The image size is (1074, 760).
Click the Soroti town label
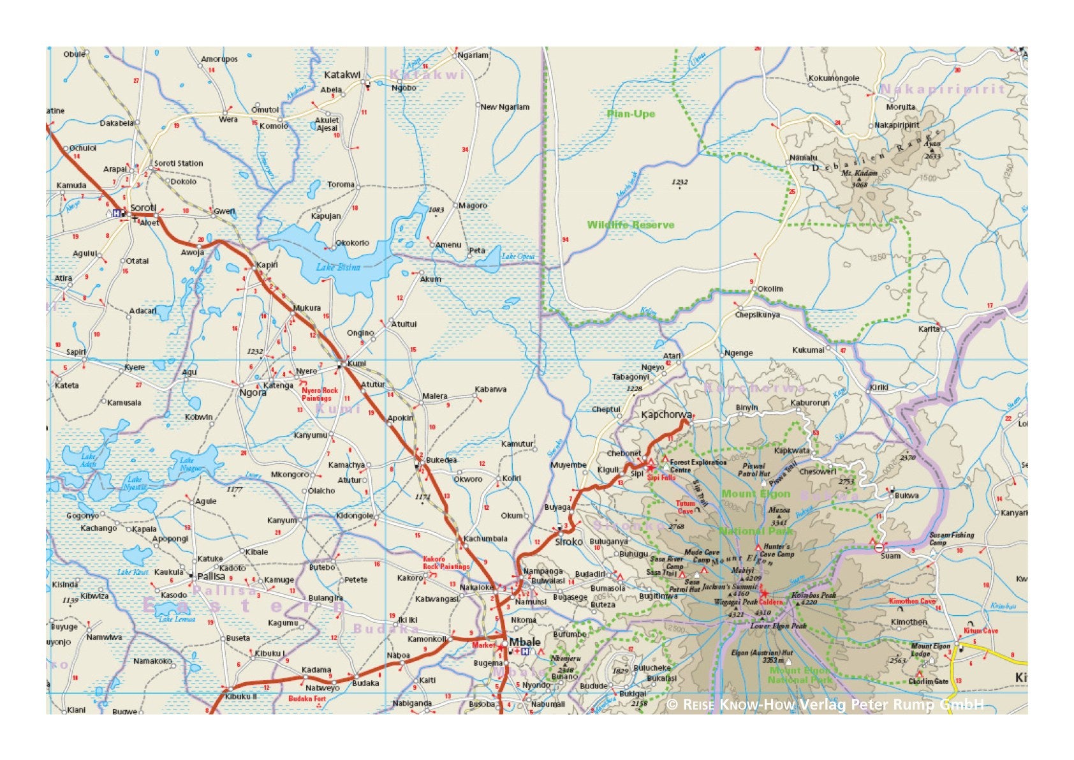click(143, 207)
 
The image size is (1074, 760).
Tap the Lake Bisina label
click(338, 267)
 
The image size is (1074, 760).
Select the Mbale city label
click(524, 642)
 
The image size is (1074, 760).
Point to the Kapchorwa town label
click(666, 415)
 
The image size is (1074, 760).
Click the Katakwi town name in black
click(342, 75)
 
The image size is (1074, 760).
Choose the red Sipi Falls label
click(661, 477)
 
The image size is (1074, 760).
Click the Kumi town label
click(357, 363)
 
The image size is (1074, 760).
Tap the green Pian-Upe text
click(631, 114)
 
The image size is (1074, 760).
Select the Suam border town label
click(890, 555)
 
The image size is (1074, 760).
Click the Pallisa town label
click(210, 576)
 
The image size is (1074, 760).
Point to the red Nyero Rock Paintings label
click(319, 394)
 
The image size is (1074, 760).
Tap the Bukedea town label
click(441, 459)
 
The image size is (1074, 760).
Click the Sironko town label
click(569, 541)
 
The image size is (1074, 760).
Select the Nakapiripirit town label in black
click(897, 125)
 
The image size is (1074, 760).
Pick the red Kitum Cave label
click(980, 630)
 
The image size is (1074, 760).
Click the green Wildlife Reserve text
click(630, 225)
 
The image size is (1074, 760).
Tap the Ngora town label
click(253, 392)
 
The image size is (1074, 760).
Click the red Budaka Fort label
click(307, 699)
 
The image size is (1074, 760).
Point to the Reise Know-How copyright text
click(825, 704)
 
